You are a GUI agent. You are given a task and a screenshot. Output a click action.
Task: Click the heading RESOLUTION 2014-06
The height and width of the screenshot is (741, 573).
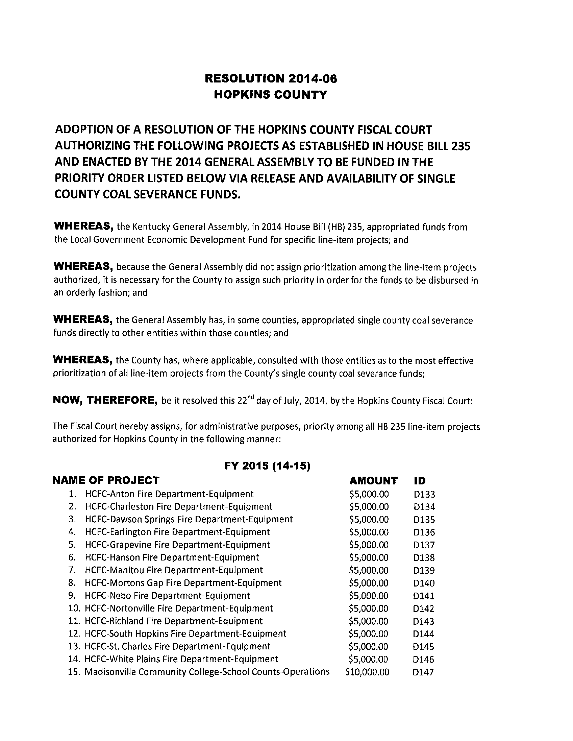tap(271, 79)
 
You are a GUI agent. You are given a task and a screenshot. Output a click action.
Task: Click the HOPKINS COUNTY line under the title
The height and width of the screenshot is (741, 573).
tap(271, 95)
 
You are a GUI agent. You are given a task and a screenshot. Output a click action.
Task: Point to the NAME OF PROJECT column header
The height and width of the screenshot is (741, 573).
tap(106, 480)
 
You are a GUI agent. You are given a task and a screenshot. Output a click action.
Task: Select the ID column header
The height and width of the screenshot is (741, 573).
tap(420, 481)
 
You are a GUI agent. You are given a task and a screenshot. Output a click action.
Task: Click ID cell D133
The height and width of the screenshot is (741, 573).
tap(424, 494)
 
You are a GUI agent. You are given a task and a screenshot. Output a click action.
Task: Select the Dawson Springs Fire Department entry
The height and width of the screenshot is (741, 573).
tap(189, 520)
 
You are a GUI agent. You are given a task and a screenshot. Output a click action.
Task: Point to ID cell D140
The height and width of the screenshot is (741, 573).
tap(424, 583)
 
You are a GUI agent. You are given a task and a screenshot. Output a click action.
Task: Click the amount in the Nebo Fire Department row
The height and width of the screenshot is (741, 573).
tap(369, 596)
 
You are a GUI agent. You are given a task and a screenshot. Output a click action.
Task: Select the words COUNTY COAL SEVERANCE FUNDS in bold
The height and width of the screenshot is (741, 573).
tap(148, 194)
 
